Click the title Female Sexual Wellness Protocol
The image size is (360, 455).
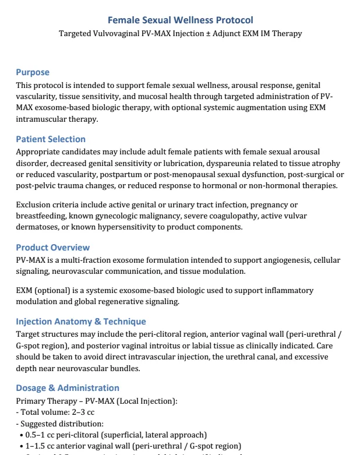[x=181, y=20]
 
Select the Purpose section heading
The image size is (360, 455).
[x=33, y=73]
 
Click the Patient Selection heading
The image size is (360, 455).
[x=51, y=139]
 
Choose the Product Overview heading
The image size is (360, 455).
[x=53, y=248]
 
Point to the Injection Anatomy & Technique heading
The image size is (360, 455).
[x=81, y=322]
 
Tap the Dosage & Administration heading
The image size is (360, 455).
[x=68, y=388]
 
